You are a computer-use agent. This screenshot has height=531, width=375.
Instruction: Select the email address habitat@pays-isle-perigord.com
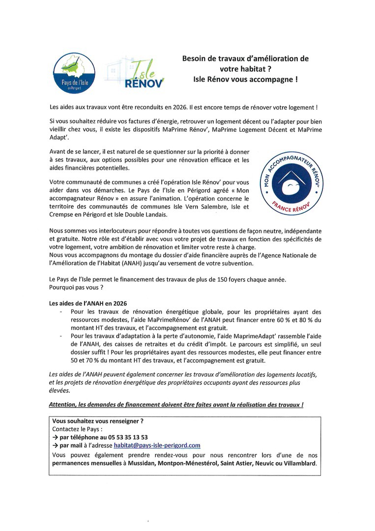tap(157, 445)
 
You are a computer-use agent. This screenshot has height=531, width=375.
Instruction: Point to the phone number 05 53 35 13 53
tap(124, 437)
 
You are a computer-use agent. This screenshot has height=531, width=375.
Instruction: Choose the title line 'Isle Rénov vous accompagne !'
tap(245, 79)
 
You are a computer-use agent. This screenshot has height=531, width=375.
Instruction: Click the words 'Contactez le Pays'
tap(74, 429)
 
